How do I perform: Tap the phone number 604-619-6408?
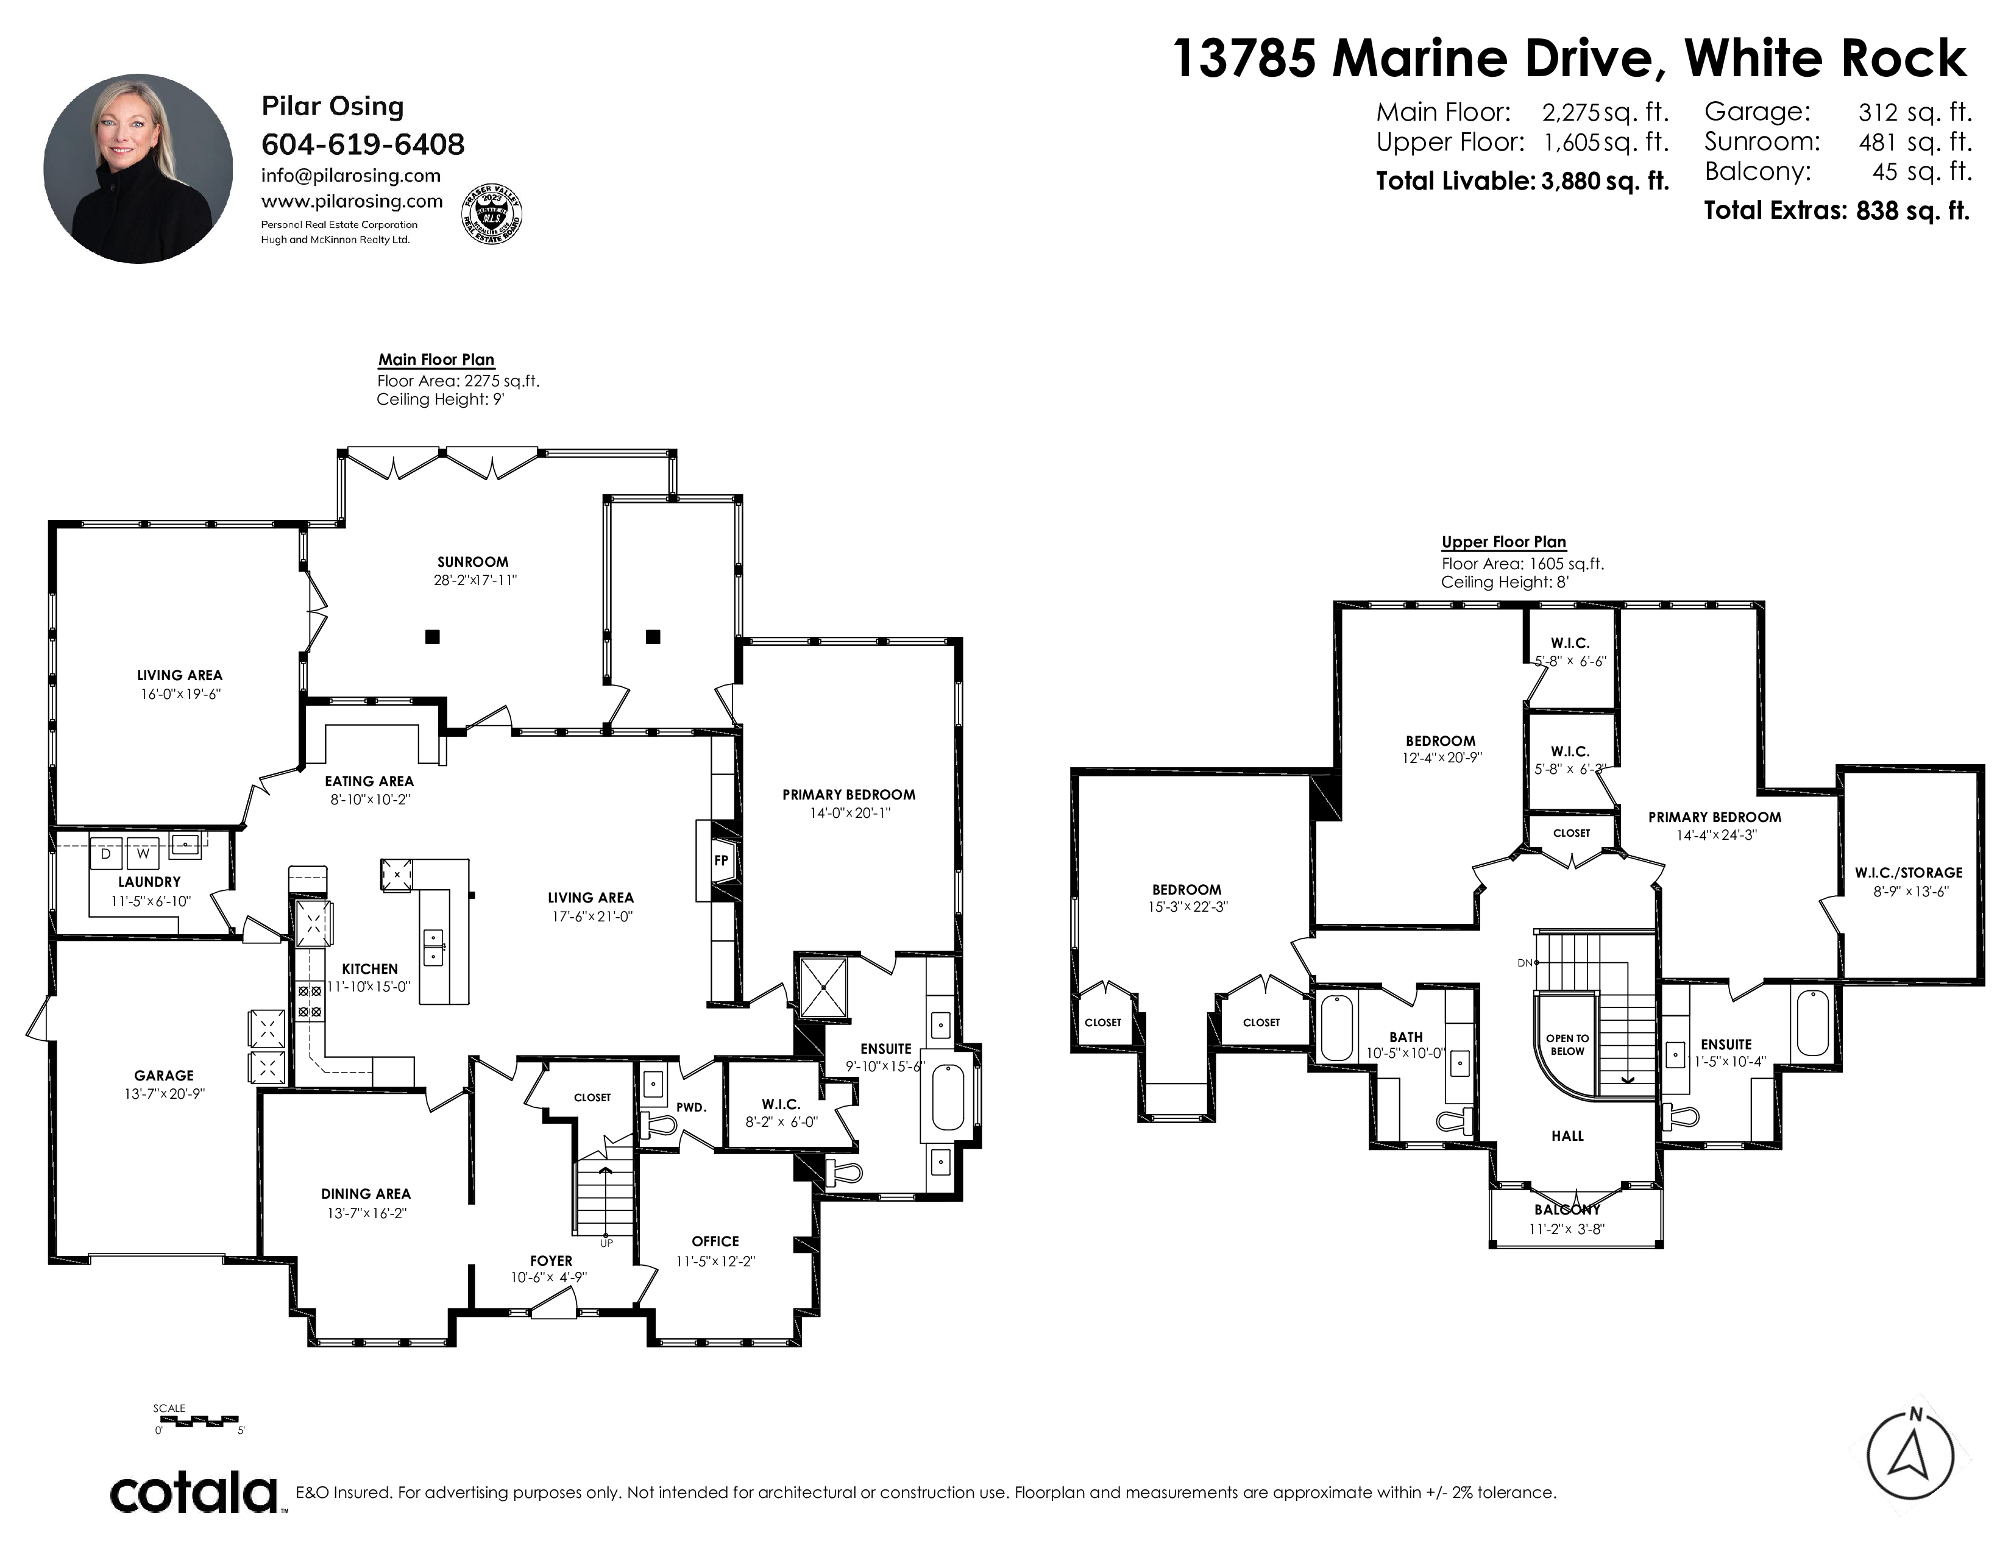(x=363, y=144)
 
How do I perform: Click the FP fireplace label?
(x=721, y=860)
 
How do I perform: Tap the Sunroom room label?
(x=472, y=562)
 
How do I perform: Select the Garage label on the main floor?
(x=164, y=1075)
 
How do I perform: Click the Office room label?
(x=715, y=1241)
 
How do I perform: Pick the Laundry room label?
(x=149, y=882)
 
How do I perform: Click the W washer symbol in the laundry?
(x=143, y=853)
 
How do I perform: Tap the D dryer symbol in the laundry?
(x=106, y=853)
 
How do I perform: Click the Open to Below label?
(x=1567, y=1044)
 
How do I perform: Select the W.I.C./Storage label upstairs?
(x=1909, y=873)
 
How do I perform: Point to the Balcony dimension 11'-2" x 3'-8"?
(x=1567, y=1229)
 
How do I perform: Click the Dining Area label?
(x=366, y=1194)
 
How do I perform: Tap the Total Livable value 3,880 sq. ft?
(x=1605, y=182)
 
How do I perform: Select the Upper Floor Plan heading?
(x=1503, y=542)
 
